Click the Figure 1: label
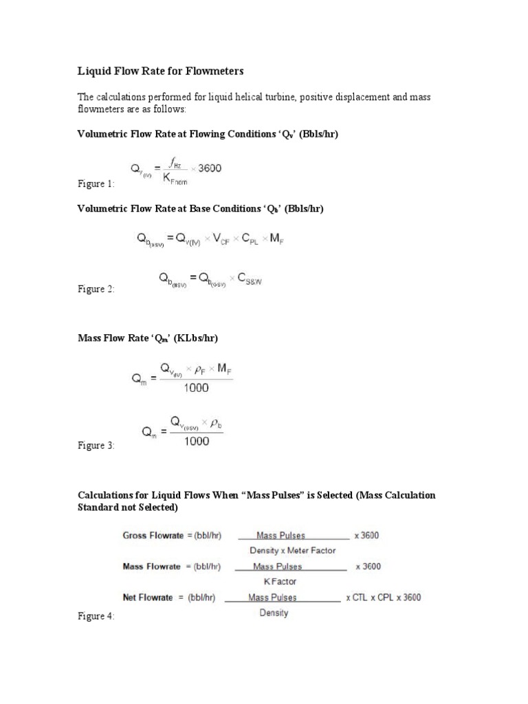click(96, 184)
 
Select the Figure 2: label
click(96, 289)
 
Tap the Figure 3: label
click(96, 445)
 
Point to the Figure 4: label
click(96, 617)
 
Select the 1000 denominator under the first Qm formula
click(196, 388)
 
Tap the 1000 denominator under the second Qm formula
click(197, 441)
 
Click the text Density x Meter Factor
click(292, 550)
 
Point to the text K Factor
click(280, 582)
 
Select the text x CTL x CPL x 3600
click(383, 597)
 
